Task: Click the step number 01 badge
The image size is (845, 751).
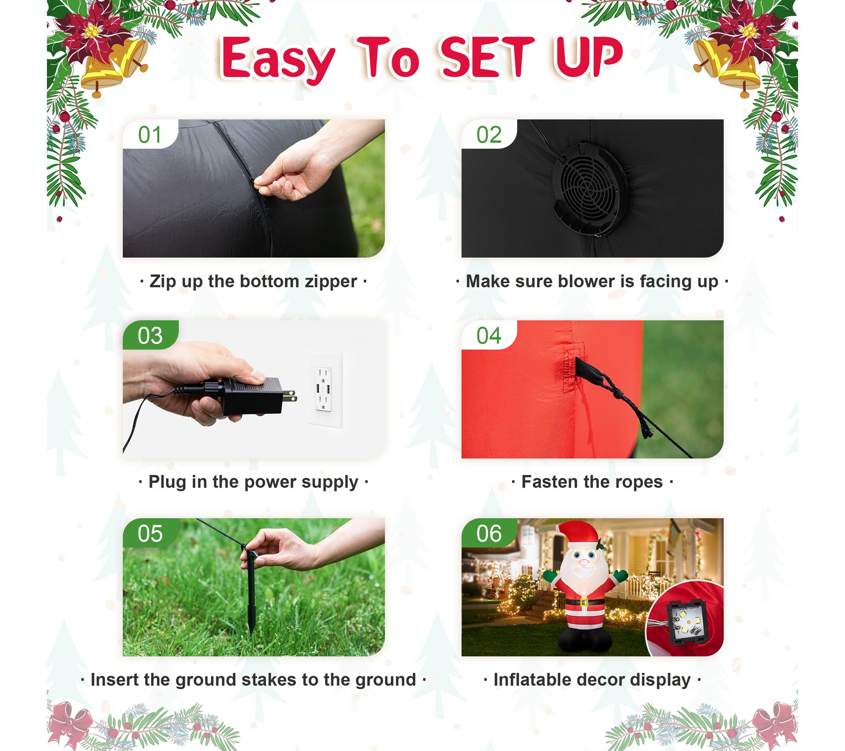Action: [x=150, y=134]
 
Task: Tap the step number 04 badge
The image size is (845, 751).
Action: [x=489, y=335]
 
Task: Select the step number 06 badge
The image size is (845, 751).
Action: [x=489, y=533]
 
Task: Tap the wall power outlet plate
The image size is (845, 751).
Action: [x=325, y=389]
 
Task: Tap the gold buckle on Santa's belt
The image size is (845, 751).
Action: [x=583, y=601]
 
